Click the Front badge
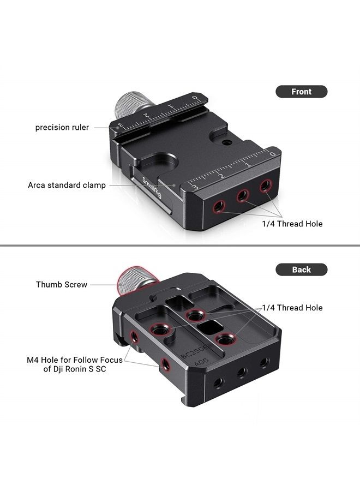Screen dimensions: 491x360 click(x=301, y=92)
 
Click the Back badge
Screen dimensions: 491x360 click(x=301, y=270)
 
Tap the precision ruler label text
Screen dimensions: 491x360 click(x=62, y=128)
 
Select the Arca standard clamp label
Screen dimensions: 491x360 click(x=67, y=185)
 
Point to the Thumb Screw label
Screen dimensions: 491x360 click(x=62, y=284)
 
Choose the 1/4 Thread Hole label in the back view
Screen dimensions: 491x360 click(x=292, y=308)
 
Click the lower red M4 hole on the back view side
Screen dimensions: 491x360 click(x=165, y=363)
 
